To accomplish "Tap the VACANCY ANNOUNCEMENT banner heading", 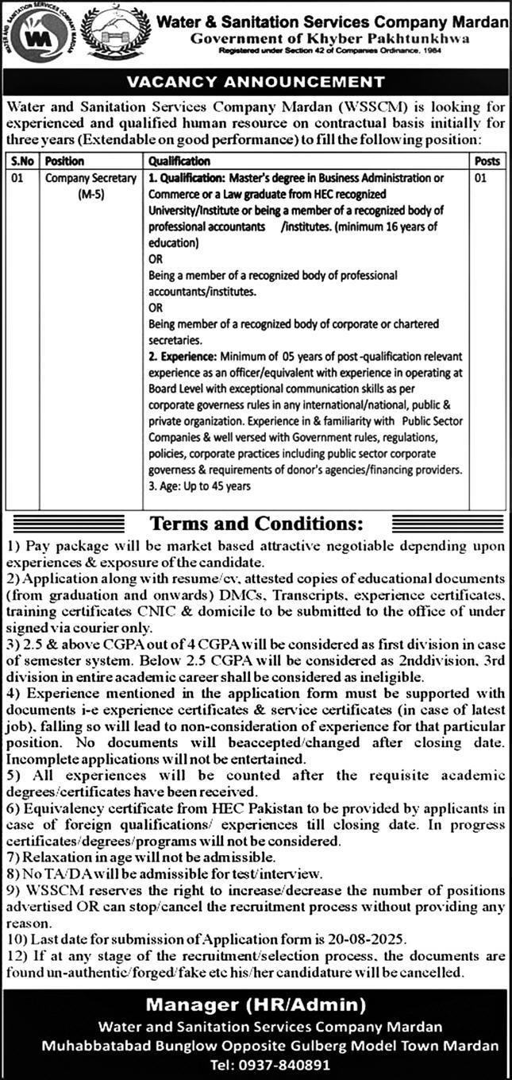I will [x=256, y=82].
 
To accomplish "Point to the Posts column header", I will [x=487, y=161].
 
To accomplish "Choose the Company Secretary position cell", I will [x=90, y=179].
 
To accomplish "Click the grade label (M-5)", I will [x=90, y=195].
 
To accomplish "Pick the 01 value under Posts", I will [x=479, y=179].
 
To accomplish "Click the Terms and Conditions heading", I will [x=256, y=524].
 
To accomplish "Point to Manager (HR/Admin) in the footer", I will [x=256, y=1005].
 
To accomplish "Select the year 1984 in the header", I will [x=431, y=50].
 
